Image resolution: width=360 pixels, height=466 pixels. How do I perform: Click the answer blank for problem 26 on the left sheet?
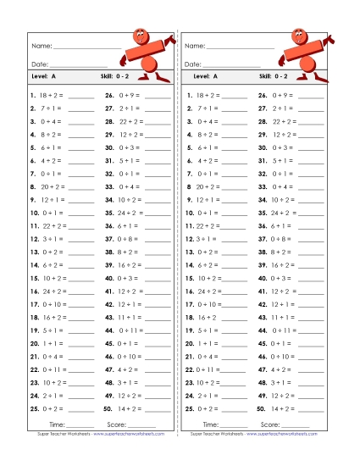(158, 97)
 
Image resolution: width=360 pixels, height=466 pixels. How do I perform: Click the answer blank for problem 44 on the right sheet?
(310, 330)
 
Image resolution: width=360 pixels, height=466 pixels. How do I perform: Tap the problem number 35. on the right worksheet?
(263, 213)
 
